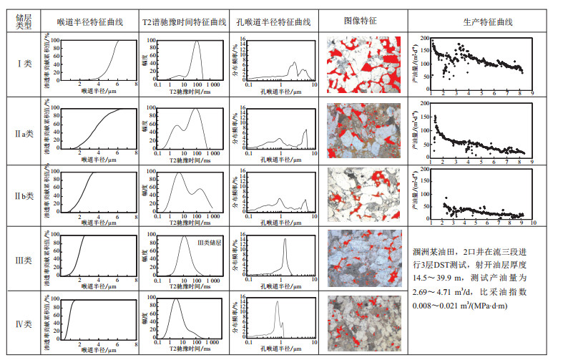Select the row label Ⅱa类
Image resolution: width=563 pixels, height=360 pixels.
click(x=24, y=133)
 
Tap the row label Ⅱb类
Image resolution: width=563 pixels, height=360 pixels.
click(x=24, y=195)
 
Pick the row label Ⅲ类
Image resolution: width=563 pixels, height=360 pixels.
click(x=24, y=258)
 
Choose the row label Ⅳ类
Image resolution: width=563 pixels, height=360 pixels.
click(x=24, y=323)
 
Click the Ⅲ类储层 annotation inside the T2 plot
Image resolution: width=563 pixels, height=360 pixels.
click(x=209, y=244)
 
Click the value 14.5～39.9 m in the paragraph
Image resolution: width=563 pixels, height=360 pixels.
click(x=438, y=279)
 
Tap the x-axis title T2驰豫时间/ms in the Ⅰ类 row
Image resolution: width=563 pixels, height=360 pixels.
click(x=185, y=92)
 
